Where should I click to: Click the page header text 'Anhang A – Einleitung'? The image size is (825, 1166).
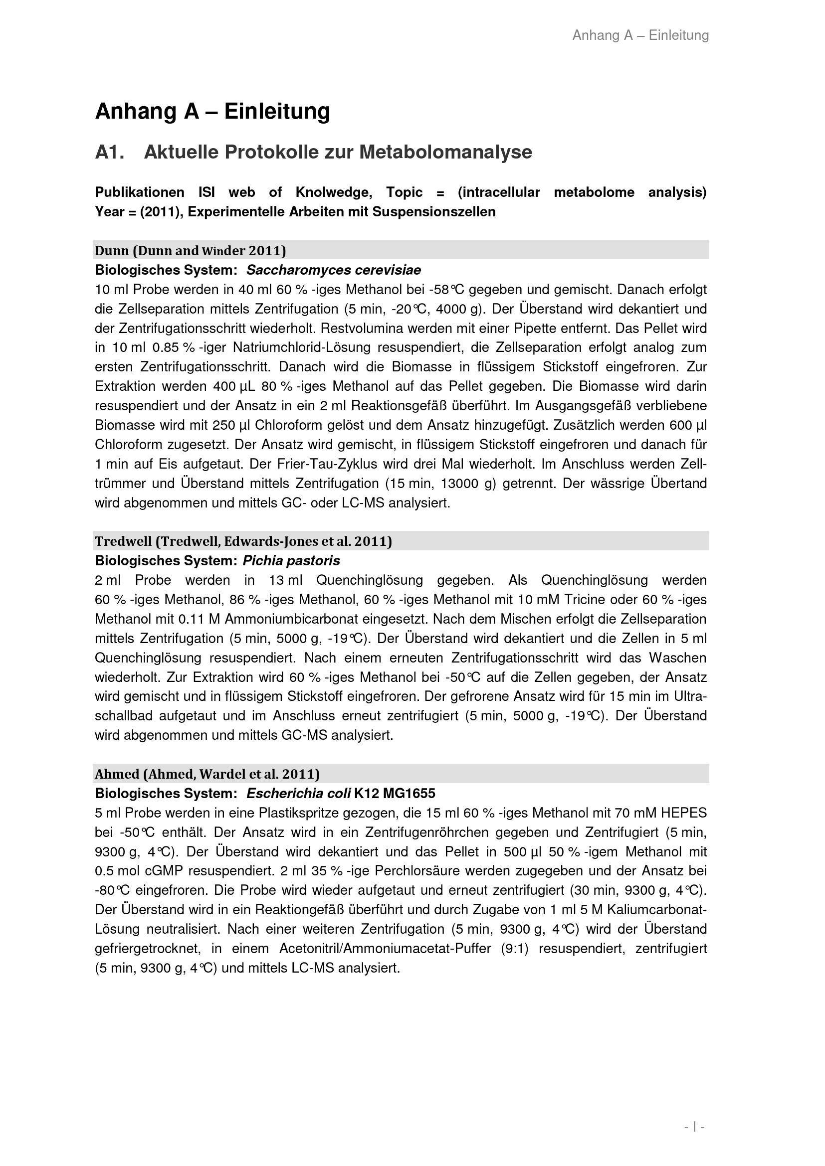coord(640,35)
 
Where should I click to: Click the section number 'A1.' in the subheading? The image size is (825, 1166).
coord(110,152)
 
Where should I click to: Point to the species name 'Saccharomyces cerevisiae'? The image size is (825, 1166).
coord(333,270)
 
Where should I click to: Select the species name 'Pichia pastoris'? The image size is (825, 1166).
coord(291,561)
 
